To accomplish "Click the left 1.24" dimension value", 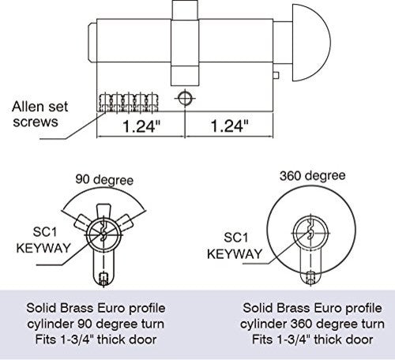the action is [141, 126].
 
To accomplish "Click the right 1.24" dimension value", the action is [230, 126].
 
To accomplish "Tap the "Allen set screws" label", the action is [39, 114].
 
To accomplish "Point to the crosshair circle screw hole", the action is [185, 99].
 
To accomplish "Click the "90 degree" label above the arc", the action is [104, 180].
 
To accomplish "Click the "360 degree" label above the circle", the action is [312, 175].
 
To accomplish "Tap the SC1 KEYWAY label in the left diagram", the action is [43, 240].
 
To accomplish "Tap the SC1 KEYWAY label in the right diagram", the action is [235, 246].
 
